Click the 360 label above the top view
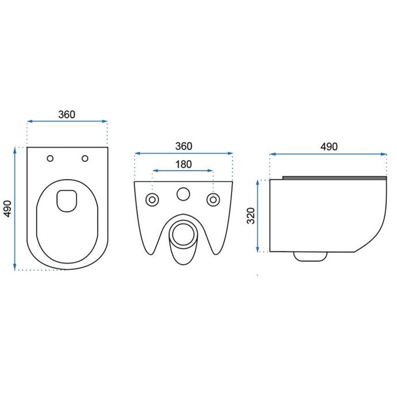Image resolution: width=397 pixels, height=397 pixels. coord(67,114)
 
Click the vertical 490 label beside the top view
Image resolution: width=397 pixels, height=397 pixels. coord(8,209)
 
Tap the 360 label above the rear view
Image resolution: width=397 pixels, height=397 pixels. coord(184,146)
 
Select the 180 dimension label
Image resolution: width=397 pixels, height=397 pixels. coord(184,165)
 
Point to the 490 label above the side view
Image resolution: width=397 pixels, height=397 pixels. coord(329,147)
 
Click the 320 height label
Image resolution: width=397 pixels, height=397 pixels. coord(251,216)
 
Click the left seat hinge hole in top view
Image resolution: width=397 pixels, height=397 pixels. coord(50,158)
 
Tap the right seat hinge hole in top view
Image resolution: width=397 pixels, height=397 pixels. coord(85,158)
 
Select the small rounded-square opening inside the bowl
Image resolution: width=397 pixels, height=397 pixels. coord(67,201)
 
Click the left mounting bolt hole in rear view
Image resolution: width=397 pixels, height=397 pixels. coord(152,200)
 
